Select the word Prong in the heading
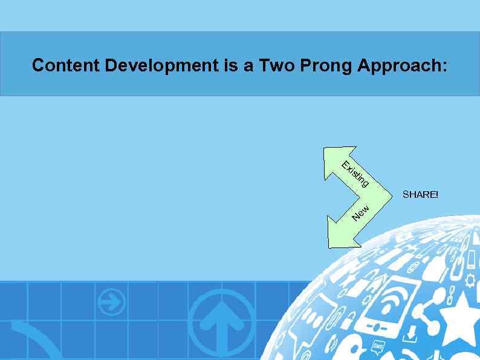click(324, 65)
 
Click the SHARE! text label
click(420, 195)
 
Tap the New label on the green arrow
click(361, 212)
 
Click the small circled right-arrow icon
click(112, 301)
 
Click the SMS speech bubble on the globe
click(378, 345)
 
